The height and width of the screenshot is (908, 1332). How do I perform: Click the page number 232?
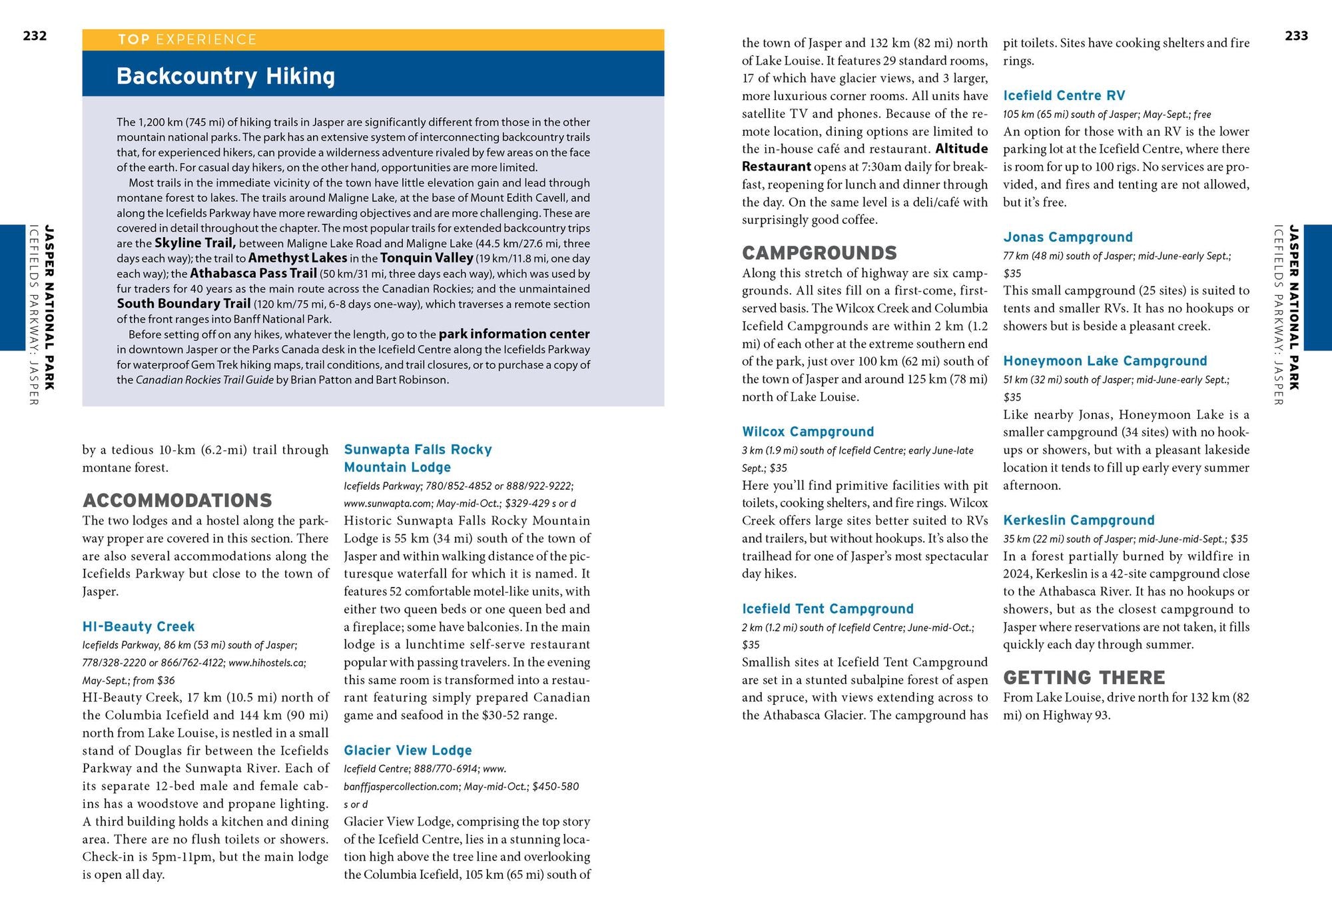click(35, 35)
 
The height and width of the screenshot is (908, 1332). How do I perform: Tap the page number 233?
click(1296, 35)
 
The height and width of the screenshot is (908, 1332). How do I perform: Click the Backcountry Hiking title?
click(225, 76)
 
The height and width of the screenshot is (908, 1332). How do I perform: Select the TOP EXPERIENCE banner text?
click(187, 39)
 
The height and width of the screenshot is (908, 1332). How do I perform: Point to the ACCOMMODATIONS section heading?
click(177, 500)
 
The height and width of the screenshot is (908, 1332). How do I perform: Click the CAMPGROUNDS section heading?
click(819, 252)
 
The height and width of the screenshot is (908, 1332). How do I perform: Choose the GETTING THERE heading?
click(1084, 678)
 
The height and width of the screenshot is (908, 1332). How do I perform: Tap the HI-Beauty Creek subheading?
click(139, 626)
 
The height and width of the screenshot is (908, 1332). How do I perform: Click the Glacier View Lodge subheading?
click(408, 750)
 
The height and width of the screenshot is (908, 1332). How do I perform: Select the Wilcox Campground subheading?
click(808, 432)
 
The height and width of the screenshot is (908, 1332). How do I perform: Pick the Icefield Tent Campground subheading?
click(828, 609)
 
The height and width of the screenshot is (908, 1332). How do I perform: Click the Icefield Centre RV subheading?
click(1064, 95)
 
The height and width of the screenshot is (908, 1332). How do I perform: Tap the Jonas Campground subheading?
click(1068, 237)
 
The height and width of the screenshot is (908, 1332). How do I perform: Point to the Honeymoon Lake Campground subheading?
click(1105, 361)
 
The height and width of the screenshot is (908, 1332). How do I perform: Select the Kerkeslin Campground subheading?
click(1079, 520)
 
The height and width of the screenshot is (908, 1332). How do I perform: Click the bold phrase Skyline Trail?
click(194, 243)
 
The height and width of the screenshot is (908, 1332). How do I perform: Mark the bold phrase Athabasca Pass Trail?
click(253, 273)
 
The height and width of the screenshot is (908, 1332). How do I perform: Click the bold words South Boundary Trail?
click(183, 304)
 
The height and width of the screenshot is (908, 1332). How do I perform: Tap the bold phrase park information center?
click(513, 334)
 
